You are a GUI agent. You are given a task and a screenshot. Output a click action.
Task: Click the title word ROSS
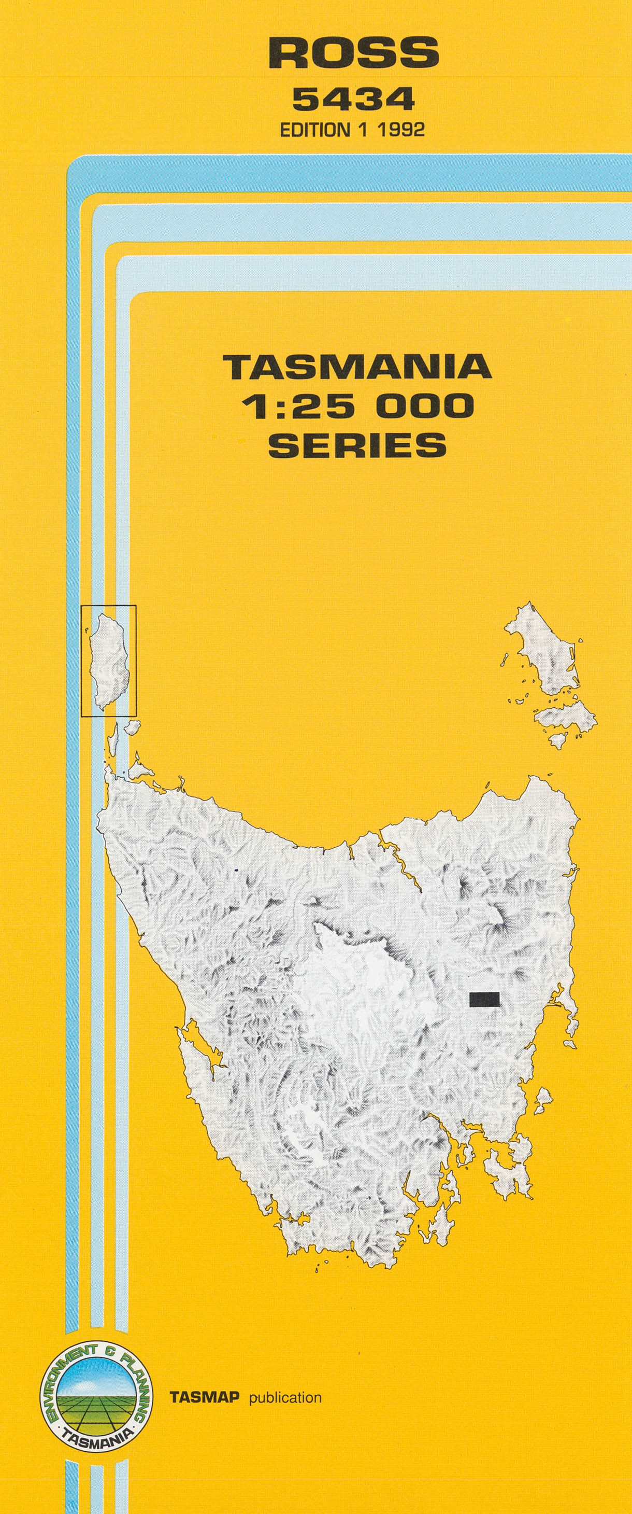point(354,52)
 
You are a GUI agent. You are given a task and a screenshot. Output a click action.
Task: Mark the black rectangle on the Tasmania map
point(484,999)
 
